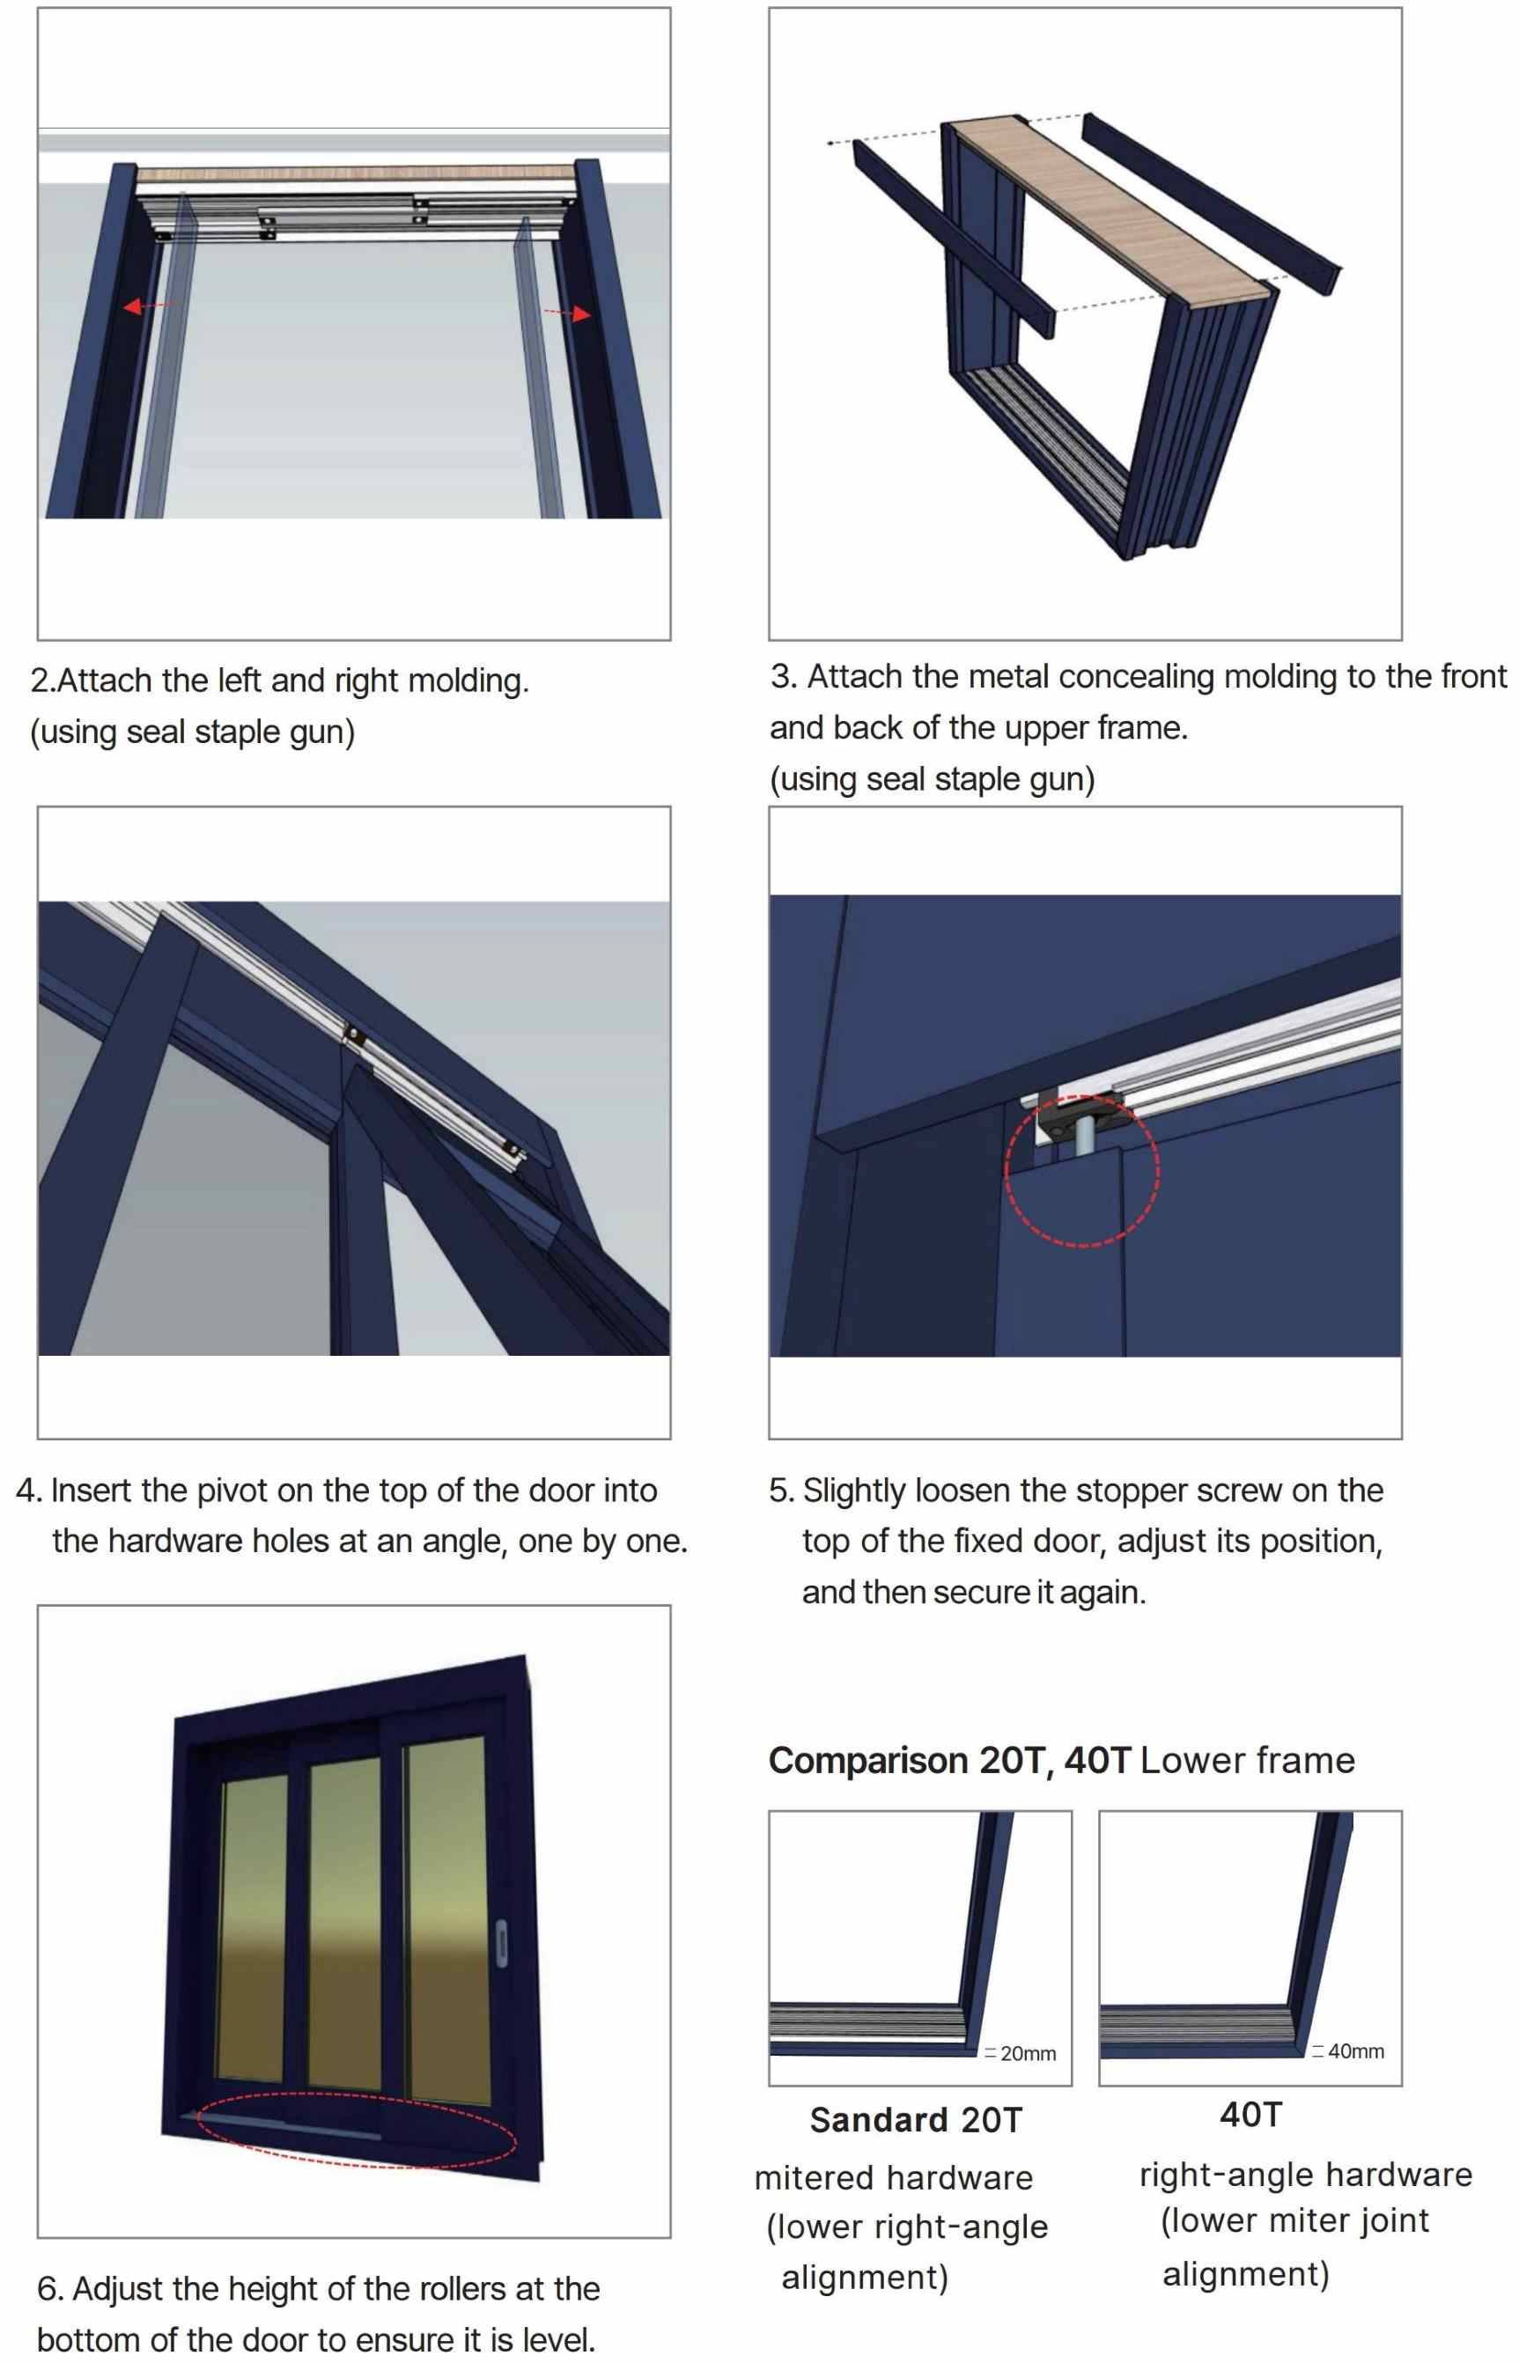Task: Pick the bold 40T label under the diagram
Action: [x=1250, y=2115]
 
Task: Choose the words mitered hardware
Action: [x=894, y=2177]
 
